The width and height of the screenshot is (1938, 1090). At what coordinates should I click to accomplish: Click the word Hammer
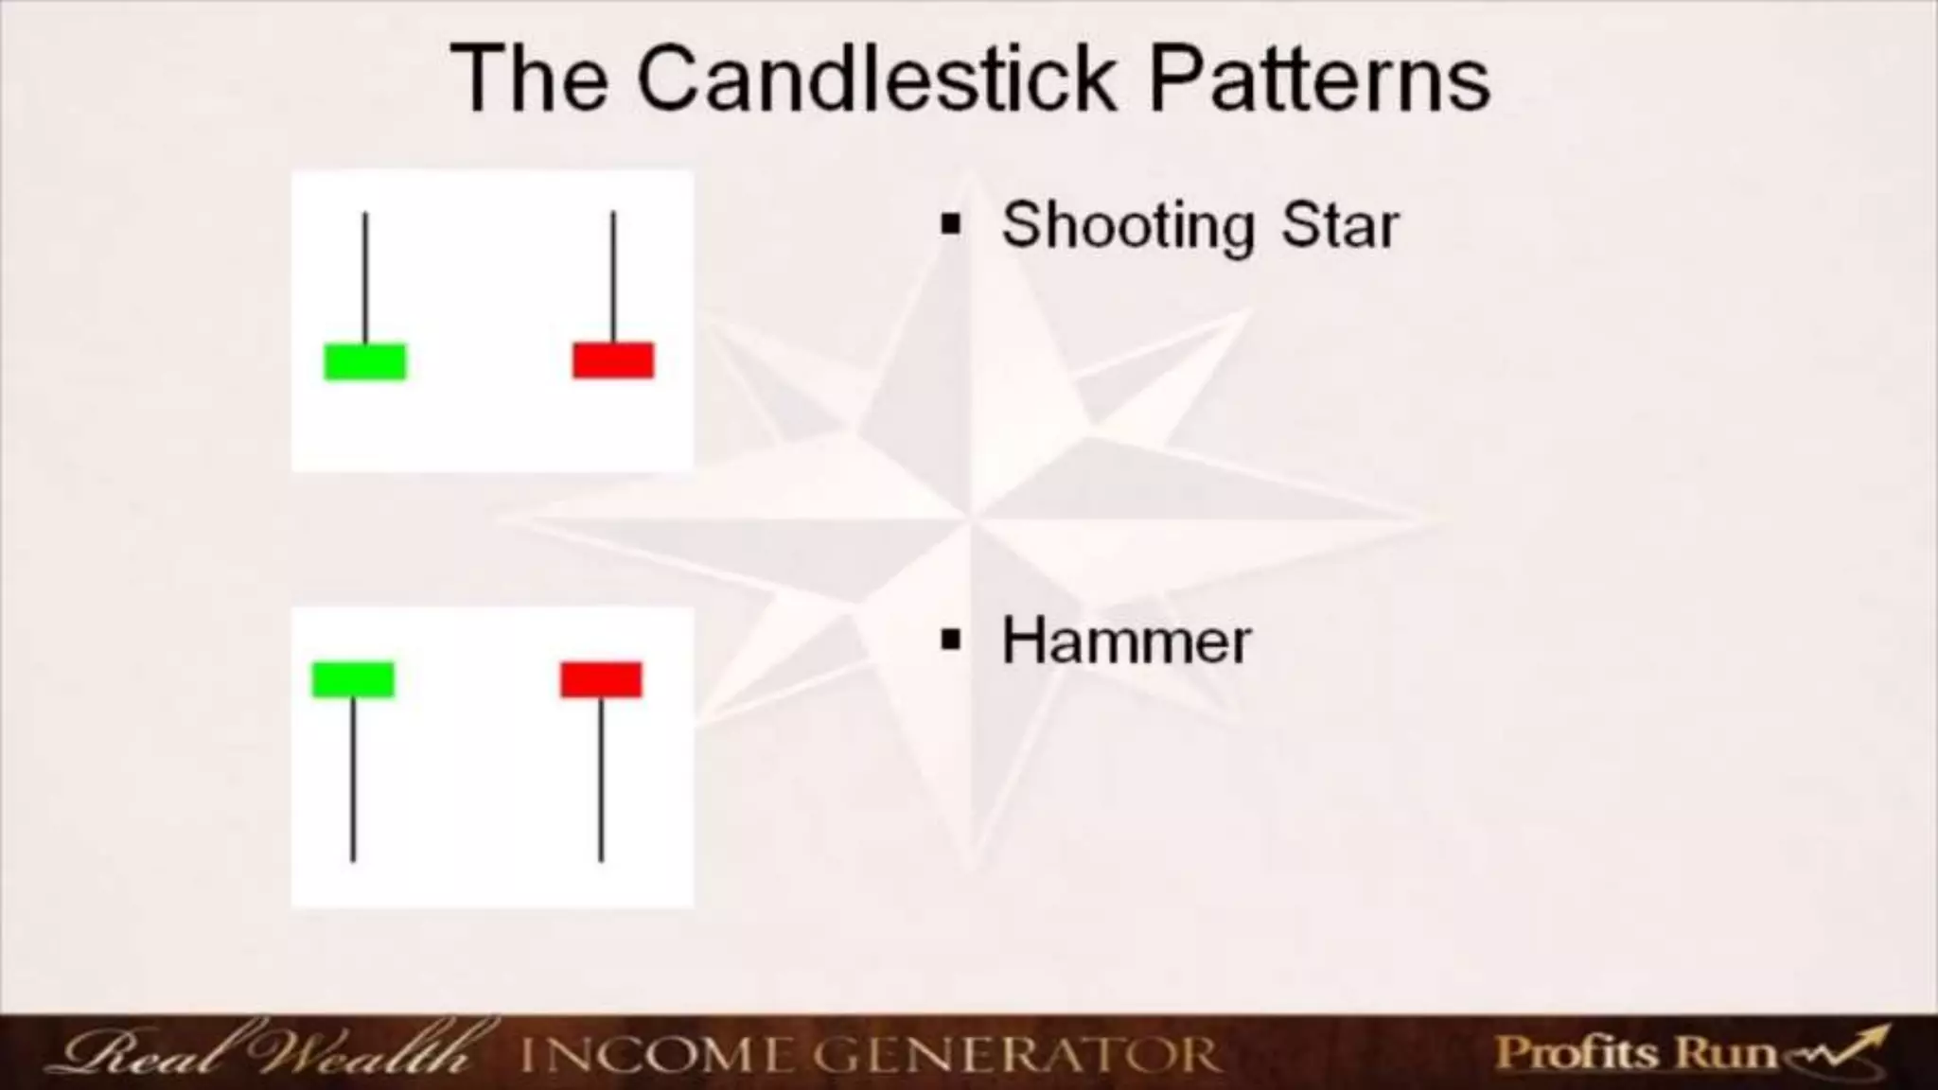click(1126, 642)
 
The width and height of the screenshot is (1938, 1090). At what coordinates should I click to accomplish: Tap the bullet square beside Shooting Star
click(951, 226)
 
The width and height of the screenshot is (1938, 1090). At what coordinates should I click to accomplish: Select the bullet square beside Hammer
click(951, 641)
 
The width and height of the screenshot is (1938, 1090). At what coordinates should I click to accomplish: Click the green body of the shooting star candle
click(365, 361)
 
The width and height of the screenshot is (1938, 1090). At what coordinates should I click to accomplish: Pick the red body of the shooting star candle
click(613, 360)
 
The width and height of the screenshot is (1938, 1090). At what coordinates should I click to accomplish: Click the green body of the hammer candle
click(353, 679)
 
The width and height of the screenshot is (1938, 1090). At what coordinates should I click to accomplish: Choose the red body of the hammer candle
click(601, 679)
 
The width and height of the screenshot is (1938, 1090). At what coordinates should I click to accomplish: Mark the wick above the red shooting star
click(613, 275)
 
